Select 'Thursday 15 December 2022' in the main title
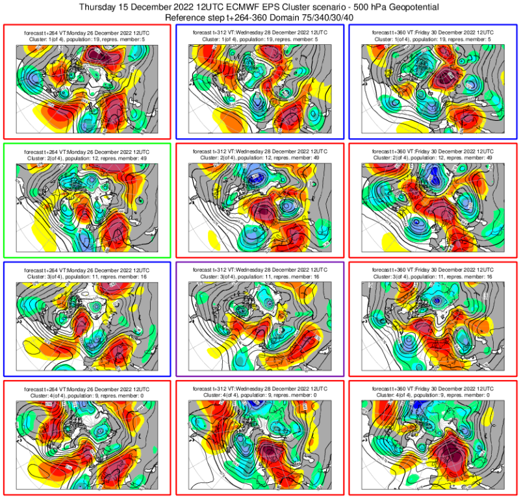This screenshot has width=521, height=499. click(x=136, y=7)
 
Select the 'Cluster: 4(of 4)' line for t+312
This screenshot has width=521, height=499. click(x=260, y=395)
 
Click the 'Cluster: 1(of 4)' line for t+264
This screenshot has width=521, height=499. click(x=86, y=39)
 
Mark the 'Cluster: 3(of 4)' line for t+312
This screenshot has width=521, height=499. click(x=260, y=276)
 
